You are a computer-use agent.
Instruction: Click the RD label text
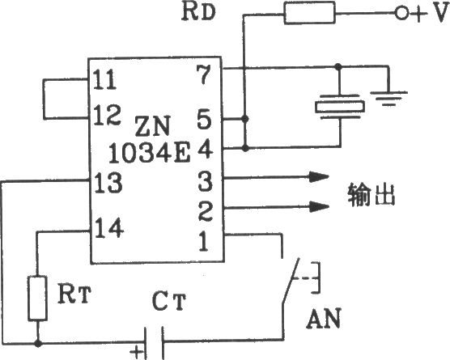(x=198, y=12)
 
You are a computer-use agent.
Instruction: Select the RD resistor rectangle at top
(x=309, y=13)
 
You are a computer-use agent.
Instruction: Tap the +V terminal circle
(x=401, y=13)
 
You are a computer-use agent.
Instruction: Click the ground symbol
(x=388, y=99)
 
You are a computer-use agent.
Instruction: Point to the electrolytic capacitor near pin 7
(x=339, y=107)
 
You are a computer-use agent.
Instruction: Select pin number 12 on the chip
(x=107, y=115)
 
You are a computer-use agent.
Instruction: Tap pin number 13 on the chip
(x=108, y=183)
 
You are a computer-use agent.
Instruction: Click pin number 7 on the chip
(x=203, y=74)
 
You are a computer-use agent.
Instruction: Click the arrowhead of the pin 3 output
(x=319, y=177)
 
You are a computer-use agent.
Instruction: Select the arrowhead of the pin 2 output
(x=319, y=206)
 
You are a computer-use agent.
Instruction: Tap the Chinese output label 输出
(x=371, y=194)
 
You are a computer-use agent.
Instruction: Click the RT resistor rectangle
(x=37, y=298)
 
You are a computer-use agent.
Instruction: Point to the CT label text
(x=169, y=301)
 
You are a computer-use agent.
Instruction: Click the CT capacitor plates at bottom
(x=154, y=343)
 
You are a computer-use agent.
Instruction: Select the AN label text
(x=324, y=319)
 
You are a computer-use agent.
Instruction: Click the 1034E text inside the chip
(x=150, y=153)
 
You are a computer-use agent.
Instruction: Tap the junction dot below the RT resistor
(x=37, y=343)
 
